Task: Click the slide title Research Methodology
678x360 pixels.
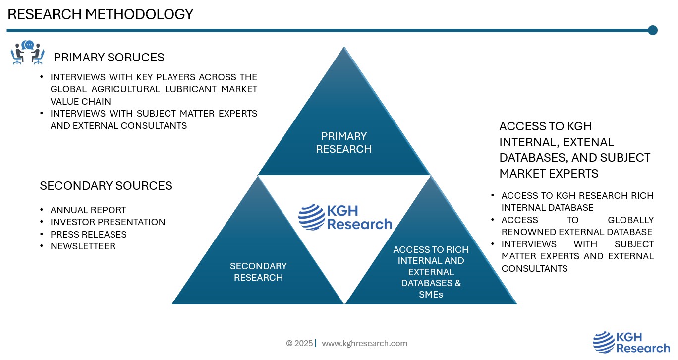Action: click(x=100, y=14)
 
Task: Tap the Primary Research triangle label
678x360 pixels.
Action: click(x=343, y=142)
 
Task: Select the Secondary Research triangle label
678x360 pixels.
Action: click(x=258, y=272)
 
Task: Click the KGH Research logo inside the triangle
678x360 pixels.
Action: click(x=345, y=217)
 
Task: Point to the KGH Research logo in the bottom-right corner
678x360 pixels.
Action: click(x=631, y=342)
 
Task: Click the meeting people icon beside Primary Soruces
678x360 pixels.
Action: click(x=28, y=53)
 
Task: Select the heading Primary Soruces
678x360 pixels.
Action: click(x=109, y=58)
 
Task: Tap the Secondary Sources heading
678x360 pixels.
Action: click(x=106, y=186)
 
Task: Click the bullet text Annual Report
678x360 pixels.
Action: click(x=88, y=210)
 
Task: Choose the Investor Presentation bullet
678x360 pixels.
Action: click(x=108, y=222)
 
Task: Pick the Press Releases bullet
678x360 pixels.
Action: click(x=88, y=234)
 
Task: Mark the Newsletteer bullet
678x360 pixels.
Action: click(x=83, y=246)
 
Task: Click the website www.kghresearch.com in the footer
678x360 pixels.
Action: click(x=364, y=343)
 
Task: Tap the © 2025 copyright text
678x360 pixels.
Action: click(x=299, y=343)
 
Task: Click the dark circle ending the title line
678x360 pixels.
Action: click(x=652, y=30)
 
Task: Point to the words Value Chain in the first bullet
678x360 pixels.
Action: click(x=81, y=101)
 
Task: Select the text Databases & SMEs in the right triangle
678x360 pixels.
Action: click(x=430, y=289)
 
